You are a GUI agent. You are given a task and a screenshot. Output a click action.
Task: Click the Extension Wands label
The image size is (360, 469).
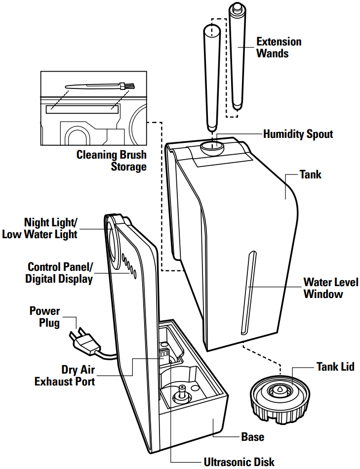(x=279, y=47)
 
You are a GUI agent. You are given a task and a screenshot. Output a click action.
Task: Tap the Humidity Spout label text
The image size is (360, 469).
(x=298, y=134)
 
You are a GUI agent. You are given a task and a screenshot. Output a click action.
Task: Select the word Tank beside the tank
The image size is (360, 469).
(x=310, y=174)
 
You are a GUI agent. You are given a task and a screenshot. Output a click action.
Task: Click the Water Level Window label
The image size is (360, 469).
(x=323, y=288)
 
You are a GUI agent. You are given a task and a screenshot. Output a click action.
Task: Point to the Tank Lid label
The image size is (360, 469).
(x=335, y=367)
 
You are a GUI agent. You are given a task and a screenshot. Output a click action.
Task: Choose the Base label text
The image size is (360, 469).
(x=252, y=437)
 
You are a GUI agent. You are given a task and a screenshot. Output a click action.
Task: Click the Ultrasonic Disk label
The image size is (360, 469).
(x=239, y=462)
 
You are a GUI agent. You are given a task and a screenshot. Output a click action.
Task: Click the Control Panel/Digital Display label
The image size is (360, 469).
(x=60, y=273)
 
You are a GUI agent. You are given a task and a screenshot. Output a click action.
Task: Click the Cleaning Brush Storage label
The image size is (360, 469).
(x=112, y=161)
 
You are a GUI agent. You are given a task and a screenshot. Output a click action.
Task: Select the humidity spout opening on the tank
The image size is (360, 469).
(x=211, y=147)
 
